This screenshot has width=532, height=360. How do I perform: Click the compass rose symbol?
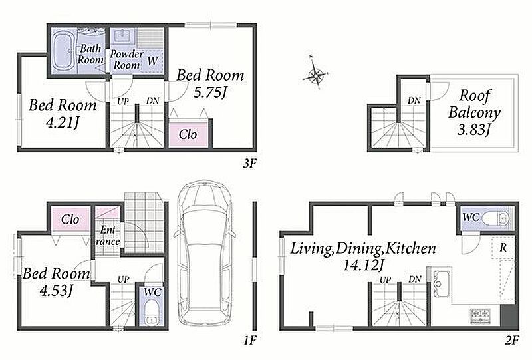(x=315, y=74)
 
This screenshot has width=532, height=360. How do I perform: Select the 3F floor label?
(x=249, y=164)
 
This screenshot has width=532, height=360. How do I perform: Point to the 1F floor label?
(x=249, y=340)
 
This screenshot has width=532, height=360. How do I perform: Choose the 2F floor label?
(x=511, y=340)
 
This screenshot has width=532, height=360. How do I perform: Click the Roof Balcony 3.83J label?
(x=474, y=112)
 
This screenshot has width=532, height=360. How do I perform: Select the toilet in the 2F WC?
(x=496, y=217)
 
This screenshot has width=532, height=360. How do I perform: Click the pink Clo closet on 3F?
(x=188, y=135)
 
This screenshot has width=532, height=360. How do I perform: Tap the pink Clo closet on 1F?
(x=70, y=219)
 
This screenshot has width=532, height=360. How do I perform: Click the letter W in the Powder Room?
(x=153, y=61)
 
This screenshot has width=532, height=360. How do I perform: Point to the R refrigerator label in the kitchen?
(x=503, y=248)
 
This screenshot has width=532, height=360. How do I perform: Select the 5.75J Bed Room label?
(x=210, y=84)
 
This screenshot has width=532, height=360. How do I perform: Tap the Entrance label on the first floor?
(x=108, y=236)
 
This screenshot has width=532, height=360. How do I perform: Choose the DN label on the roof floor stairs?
(x=414, y=100)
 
